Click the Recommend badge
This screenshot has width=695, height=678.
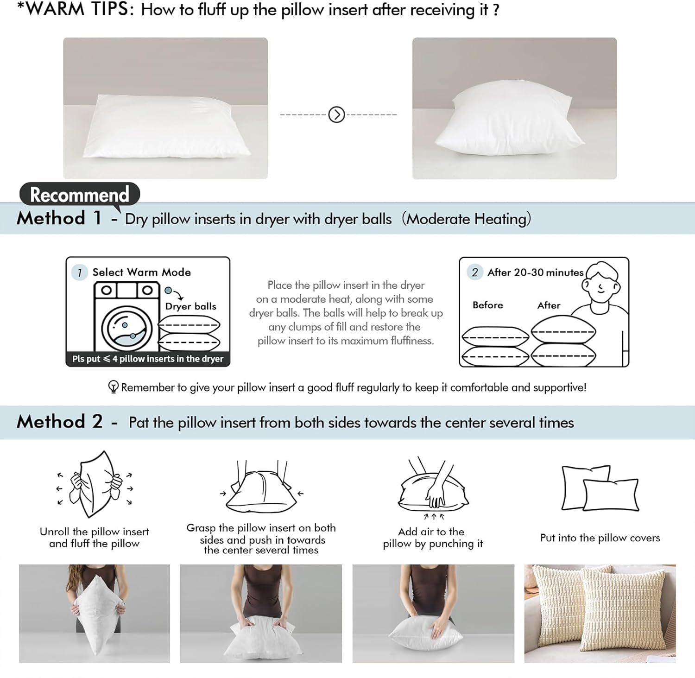(79, 195)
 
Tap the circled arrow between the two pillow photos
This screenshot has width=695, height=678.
(336, 114)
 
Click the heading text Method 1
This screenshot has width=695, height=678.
(59, 218)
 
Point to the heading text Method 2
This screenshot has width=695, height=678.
(59, 422)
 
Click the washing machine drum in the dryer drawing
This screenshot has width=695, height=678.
(126, 328)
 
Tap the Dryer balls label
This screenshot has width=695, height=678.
(190, 306)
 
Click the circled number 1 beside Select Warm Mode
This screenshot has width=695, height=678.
(80, 272)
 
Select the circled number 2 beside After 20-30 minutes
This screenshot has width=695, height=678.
(474, 272)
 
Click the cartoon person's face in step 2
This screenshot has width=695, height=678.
(601, 284)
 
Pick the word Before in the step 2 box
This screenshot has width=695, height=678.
(487, 305)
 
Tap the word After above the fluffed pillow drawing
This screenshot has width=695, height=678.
(549, 305)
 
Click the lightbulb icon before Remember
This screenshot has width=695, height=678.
(113, 387)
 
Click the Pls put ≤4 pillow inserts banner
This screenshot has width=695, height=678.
(148, 359)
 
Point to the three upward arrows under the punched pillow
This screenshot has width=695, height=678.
(434, 516)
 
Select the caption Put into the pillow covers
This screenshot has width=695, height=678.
(600, 538)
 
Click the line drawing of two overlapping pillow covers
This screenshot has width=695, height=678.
(600, 488)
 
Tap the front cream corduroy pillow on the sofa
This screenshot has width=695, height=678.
(621, 607)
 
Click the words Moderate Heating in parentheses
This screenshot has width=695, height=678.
(466, 219)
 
